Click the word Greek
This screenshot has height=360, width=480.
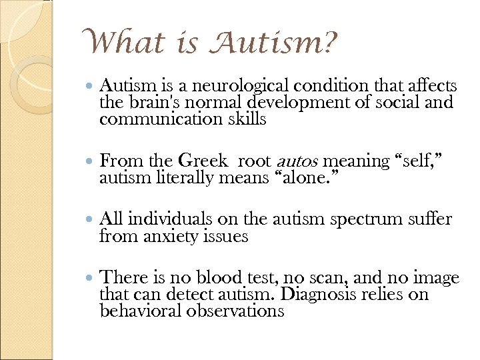click(x=202, y=161)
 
